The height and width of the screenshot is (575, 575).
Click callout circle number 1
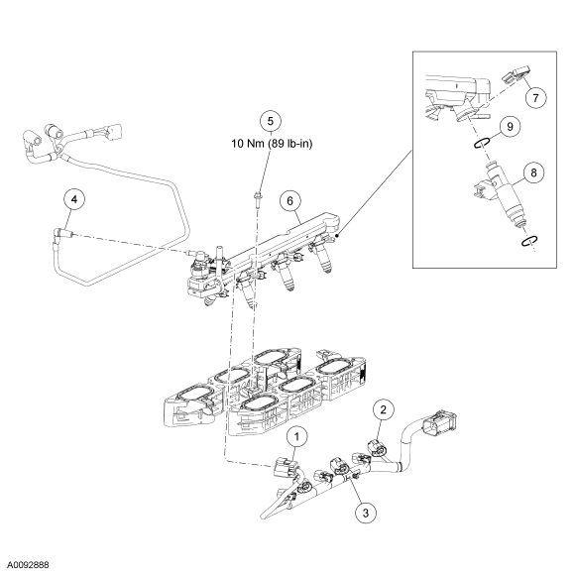click(296, 436)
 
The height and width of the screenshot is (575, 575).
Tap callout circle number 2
click(384, 409)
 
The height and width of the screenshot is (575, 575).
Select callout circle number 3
click(366, 513)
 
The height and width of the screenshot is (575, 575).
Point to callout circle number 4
click(74, 199)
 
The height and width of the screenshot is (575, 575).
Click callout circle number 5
click(271, 121)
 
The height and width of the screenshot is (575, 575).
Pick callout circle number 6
click(290, 201)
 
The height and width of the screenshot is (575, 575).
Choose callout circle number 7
click(535, 98)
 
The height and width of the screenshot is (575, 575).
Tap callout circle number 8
click(533, 172)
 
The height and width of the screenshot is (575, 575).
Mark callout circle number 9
click(510, 127)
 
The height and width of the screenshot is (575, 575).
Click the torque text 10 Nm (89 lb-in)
click(272, 144)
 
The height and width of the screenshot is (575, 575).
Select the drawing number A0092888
click(28, 564)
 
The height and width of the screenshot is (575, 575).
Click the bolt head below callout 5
click(258, 194)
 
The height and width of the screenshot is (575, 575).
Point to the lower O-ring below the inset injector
click(529, 241)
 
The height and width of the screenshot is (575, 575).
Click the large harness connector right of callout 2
click(440, 422)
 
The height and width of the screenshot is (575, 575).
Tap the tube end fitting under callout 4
click(63, 234)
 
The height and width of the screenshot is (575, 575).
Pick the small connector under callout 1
click(284, 467)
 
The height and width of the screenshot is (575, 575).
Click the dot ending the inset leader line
click(337, 236)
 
